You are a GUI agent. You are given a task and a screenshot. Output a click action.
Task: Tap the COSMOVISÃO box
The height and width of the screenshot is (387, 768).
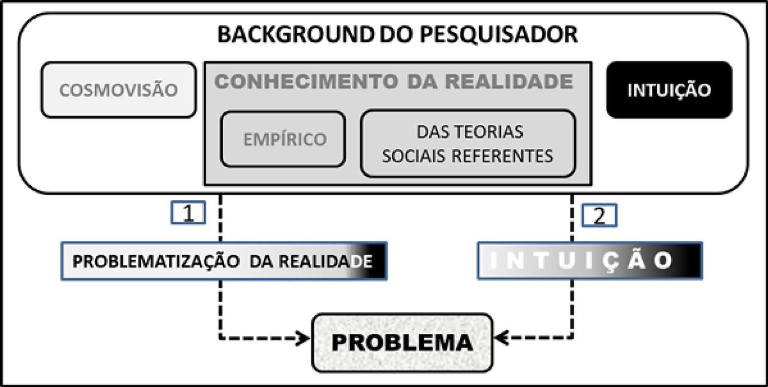tap(118, 90)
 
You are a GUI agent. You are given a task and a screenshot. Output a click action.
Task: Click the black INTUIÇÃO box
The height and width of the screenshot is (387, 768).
tap(669, 90)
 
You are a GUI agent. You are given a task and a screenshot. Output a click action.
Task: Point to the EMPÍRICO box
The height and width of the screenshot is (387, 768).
tap(284, 139)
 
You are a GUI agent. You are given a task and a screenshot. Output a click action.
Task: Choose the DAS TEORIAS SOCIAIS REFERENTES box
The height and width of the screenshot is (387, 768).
tap(468, 143)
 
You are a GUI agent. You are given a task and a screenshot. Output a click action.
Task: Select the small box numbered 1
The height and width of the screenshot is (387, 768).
tap(188, 214)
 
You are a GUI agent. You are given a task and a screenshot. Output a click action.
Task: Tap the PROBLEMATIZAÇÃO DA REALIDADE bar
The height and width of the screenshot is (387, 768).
tap(224, 261)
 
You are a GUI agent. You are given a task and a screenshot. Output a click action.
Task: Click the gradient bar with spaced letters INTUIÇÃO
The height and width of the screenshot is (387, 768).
tap(589, 260)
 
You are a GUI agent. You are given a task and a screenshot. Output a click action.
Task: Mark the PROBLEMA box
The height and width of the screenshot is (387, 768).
tap(402, 342)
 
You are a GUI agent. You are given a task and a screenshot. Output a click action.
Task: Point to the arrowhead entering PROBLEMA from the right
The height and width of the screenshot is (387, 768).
tap(499, 338)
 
